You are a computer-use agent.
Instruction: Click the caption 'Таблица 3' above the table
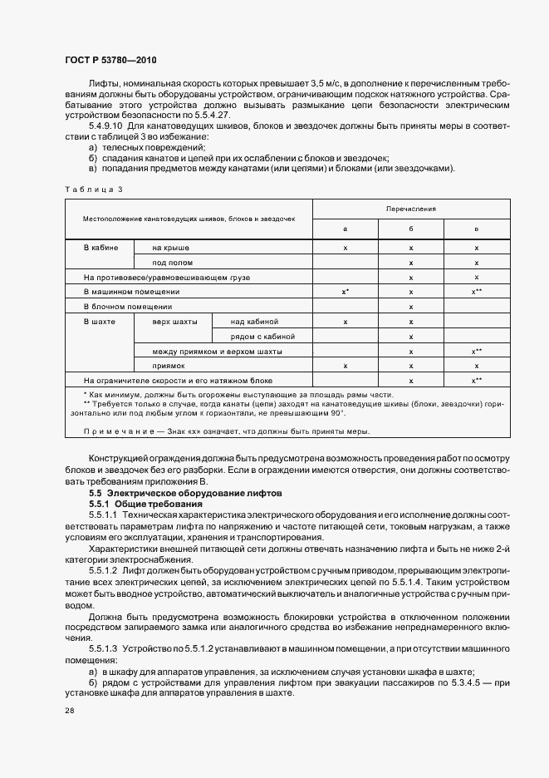coord(93,190)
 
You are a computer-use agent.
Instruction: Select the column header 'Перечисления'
coord(410,209)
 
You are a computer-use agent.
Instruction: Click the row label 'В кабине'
coord(101,248)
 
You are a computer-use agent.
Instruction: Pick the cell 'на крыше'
coord(170,248)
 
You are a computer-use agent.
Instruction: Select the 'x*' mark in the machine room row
coord(345,292)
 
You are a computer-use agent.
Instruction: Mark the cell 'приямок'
coord(169,365)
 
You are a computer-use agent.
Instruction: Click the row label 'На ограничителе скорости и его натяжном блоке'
coord(178,380)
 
